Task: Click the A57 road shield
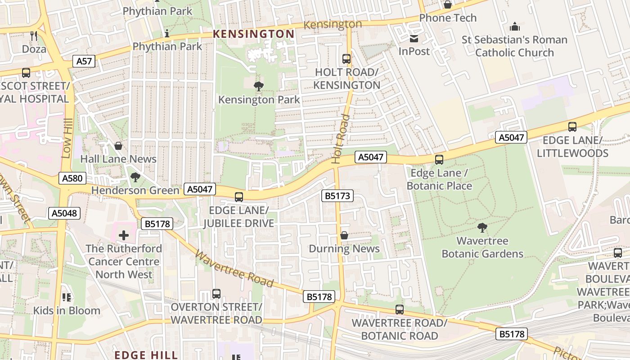(x=84, y=61)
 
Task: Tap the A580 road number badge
(x=72, y=178)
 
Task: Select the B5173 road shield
(x=337, y=196)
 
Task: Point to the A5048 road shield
(x=64, y=213)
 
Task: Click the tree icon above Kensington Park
(x=259, y=86)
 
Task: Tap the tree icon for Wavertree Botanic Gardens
(x=482, y=228)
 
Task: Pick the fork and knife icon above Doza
(x=34, y=36)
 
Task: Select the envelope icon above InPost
(x=414, y=38)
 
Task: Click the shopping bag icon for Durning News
(x=344, y=235)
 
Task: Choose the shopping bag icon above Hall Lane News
(x=118, y=146)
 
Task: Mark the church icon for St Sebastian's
(x=514, y=27)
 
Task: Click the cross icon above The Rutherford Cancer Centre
(x=124, y=235)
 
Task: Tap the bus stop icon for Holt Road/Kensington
(x=346, y=59)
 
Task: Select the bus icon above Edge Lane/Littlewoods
(x=572, y=127)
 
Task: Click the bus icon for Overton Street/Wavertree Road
(x=216, y=294)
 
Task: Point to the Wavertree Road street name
(x=234, y=269)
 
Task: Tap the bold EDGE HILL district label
(x=146, y=355)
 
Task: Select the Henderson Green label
(x=135, y=190)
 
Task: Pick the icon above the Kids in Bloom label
(x=67, y=297)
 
